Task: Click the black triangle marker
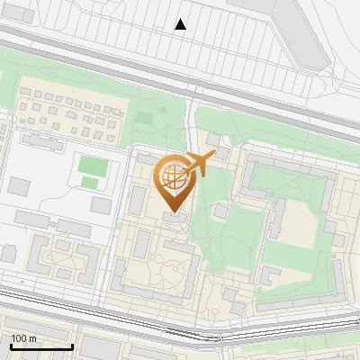(x=181, y=24)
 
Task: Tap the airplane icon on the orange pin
(x=199, y=164)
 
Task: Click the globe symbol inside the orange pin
(x=175, y=176)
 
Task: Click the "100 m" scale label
(x=23, y=338)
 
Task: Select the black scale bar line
(x=41, y=346)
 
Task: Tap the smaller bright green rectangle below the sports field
(x=90, y=183)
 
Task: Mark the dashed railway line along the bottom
(x=180, y=336)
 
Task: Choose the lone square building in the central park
(x=221, y=211)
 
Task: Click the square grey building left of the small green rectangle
(x=20, y=186)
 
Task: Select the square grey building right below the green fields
(x=101, y=205)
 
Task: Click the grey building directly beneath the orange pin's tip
(x=176, y=219)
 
